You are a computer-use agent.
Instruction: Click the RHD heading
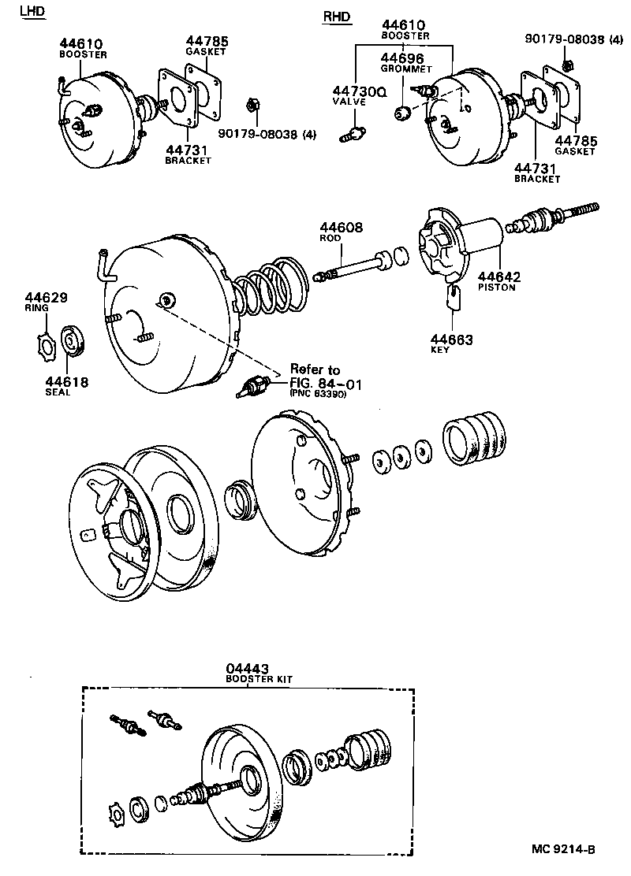[x=337, y=17]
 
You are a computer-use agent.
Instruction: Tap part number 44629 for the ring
[x=45, y=299]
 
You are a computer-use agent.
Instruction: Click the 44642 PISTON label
[x=498, y=280]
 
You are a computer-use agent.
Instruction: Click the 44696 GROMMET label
[x=402, y=62]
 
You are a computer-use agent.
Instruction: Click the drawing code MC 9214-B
[x=562, y=848]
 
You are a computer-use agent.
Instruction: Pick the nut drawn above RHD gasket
[x=567, y=62]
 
